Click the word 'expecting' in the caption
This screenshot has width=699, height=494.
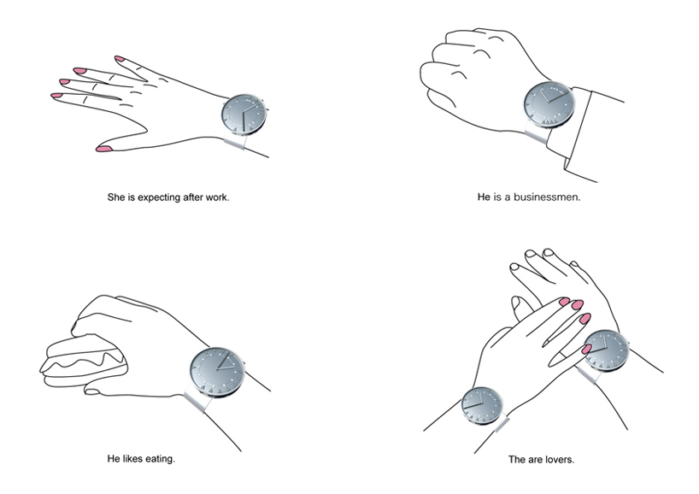tap(158, 197)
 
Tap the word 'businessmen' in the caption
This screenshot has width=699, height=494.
tap(546, 197)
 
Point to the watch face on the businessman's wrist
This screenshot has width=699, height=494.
tap(549, 104)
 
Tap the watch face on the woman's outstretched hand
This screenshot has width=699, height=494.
tap(244, 115)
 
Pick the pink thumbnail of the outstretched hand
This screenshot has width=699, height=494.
tap(104, 149)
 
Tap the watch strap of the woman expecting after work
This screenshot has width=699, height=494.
tap(235, 141)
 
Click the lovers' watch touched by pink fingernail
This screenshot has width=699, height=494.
tap(606, 351)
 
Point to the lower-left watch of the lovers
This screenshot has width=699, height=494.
tap(482, 405)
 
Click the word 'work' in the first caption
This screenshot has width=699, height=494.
tap(217, 197)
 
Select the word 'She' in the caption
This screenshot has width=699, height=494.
tap(116, 197)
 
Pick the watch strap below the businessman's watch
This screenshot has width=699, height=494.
tap(537, 134)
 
